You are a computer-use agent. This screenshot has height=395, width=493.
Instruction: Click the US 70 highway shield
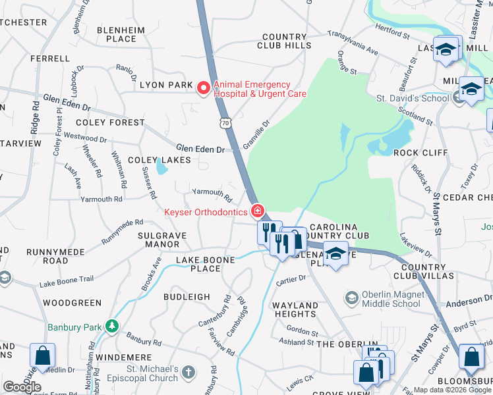[x=225, y=123]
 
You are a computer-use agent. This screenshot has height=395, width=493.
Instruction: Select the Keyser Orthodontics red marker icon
[x=258, y=211]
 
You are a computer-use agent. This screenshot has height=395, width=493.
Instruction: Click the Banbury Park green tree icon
[x=113, y=326]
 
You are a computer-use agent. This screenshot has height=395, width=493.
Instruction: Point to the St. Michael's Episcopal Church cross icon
[x=189, y=373]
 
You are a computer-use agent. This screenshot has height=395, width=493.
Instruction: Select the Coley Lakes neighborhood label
[x=159, y=160]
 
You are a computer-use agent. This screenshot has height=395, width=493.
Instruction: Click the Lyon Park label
[x=166, y=85]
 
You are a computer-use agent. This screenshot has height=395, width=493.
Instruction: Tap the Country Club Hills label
[x=285, y=41]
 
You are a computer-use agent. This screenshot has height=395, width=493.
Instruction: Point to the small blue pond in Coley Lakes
[x=161, y=169]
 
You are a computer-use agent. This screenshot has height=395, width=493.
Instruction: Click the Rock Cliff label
[x=420, y=152]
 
